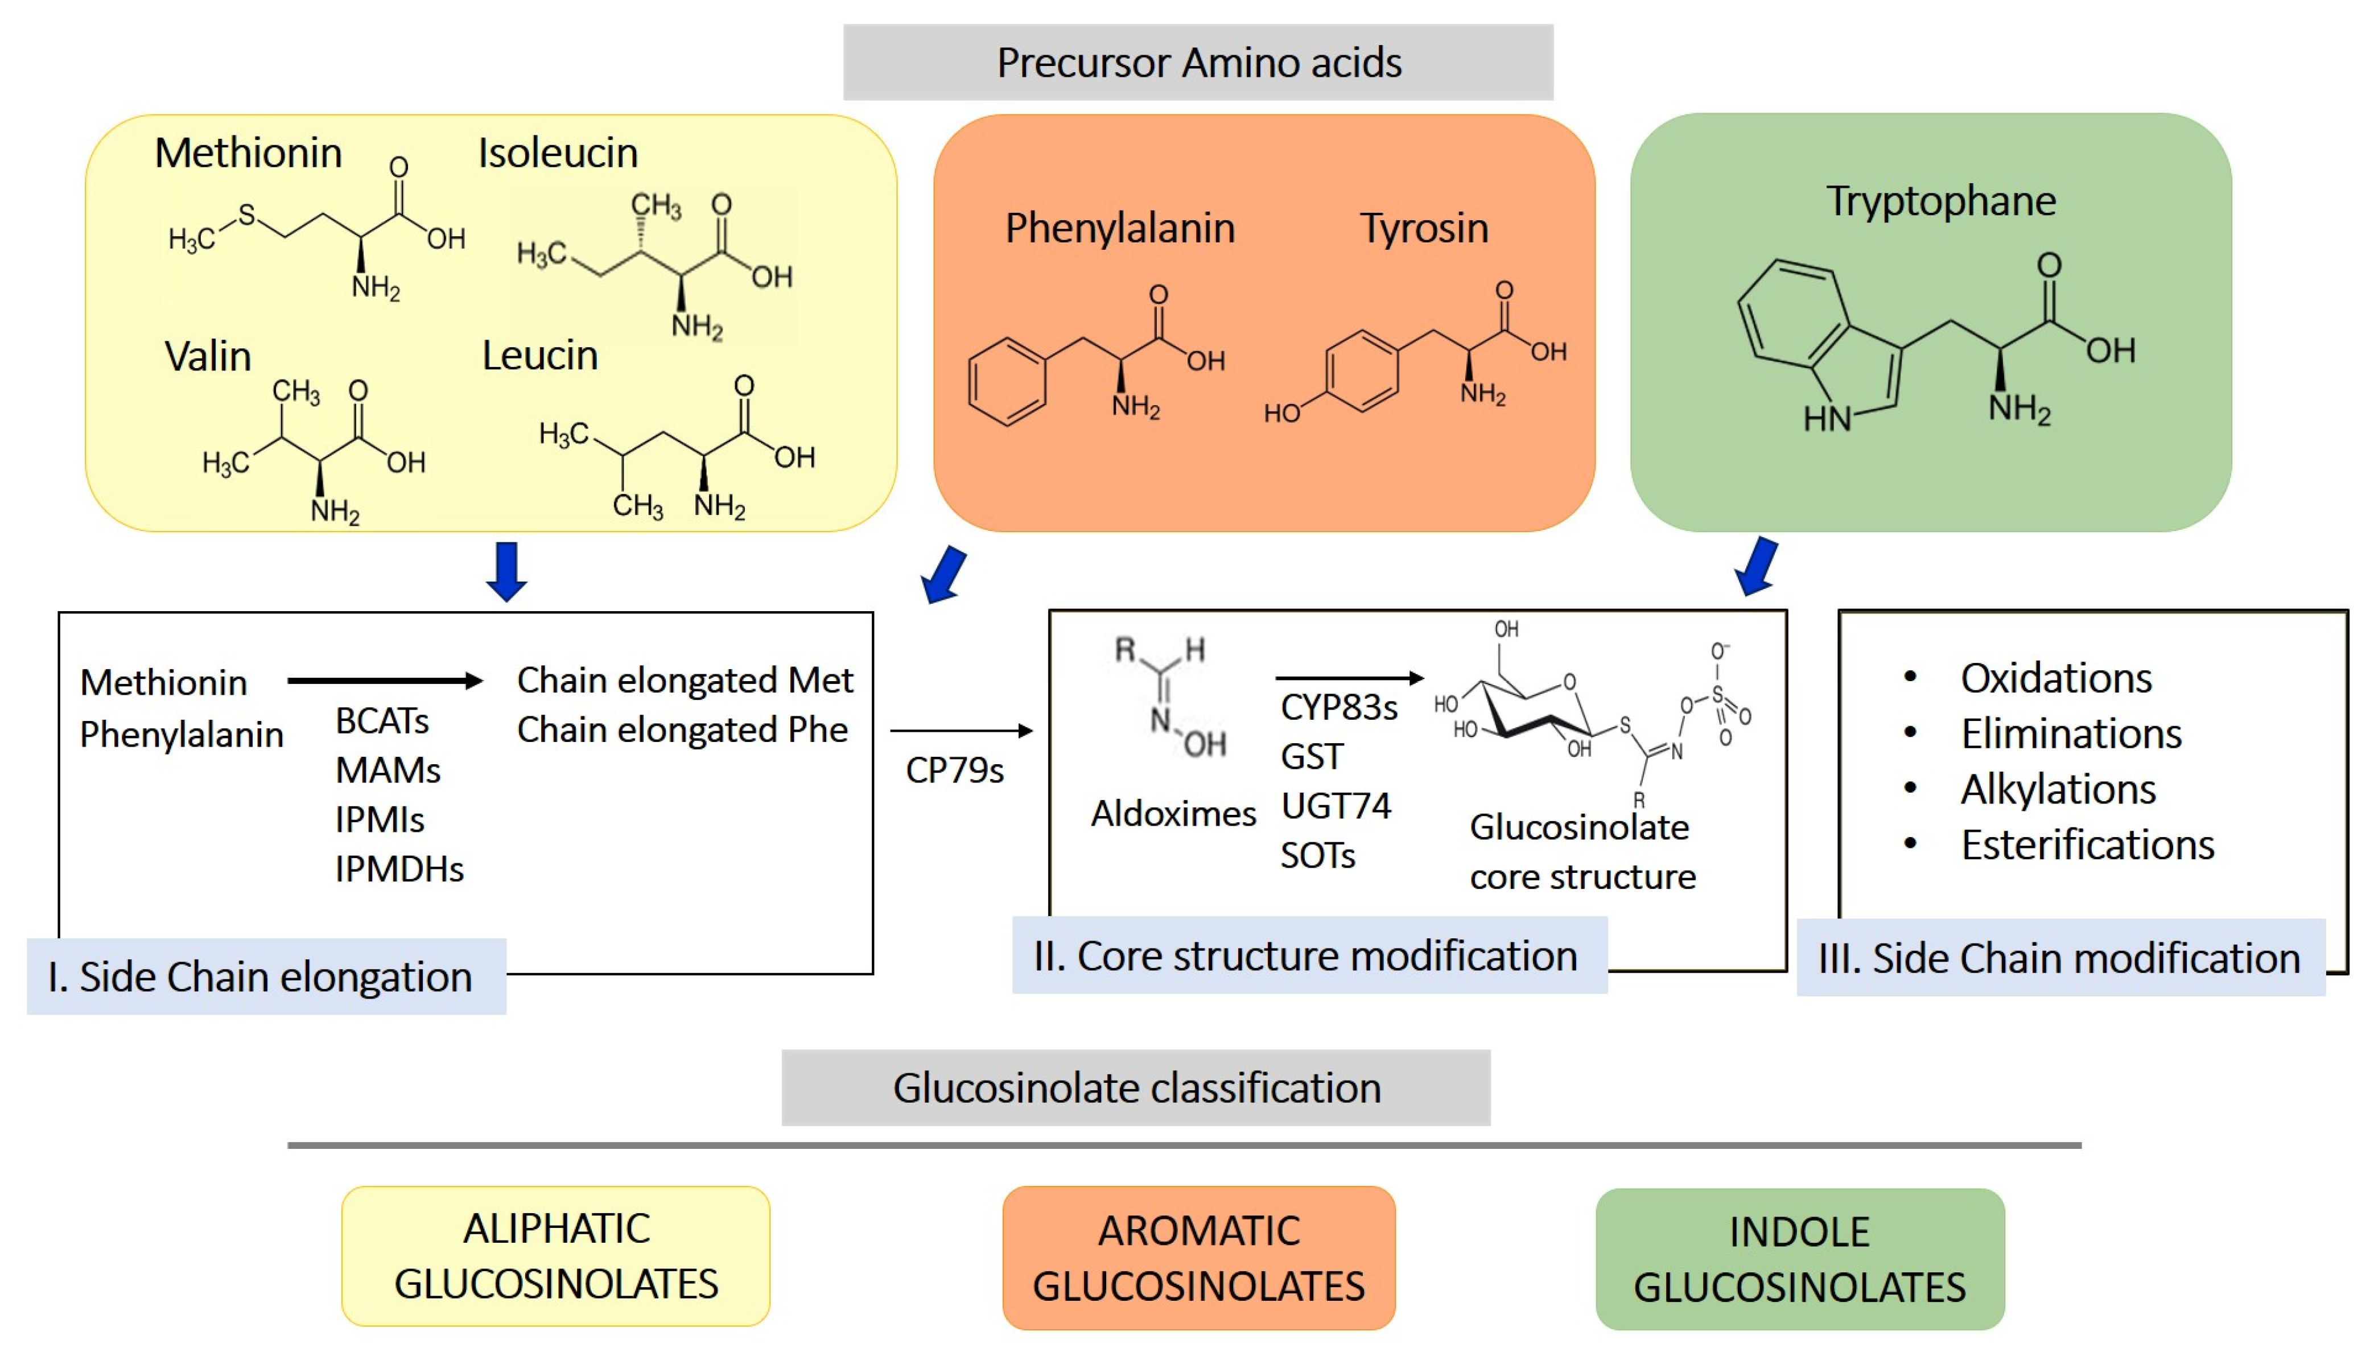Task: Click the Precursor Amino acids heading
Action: pyautogui.click(x=1198, y=63)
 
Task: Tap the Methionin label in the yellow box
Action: pyautogui.click(x=248, y=153)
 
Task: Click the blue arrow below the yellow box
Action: pyautogui.click(x=506, y=571)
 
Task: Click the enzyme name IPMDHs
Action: pyautogui.click(x=399, y=869)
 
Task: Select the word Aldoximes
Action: pyautogui.click(x=1173, y=814)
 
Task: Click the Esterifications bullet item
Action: pyautogui.click(x=2086, y=844)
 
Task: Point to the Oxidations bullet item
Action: pyautogui.click(x=2055, y=678)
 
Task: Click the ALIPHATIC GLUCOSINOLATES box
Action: pyautogui.click(x=556, y=1255)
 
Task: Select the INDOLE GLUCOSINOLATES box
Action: pyautogui.click(x=1799, y=1259)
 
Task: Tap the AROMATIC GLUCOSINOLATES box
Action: pyautogui.click(x=1198, y=1258)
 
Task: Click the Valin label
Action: pyautogui.click(x=208, y=357)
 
